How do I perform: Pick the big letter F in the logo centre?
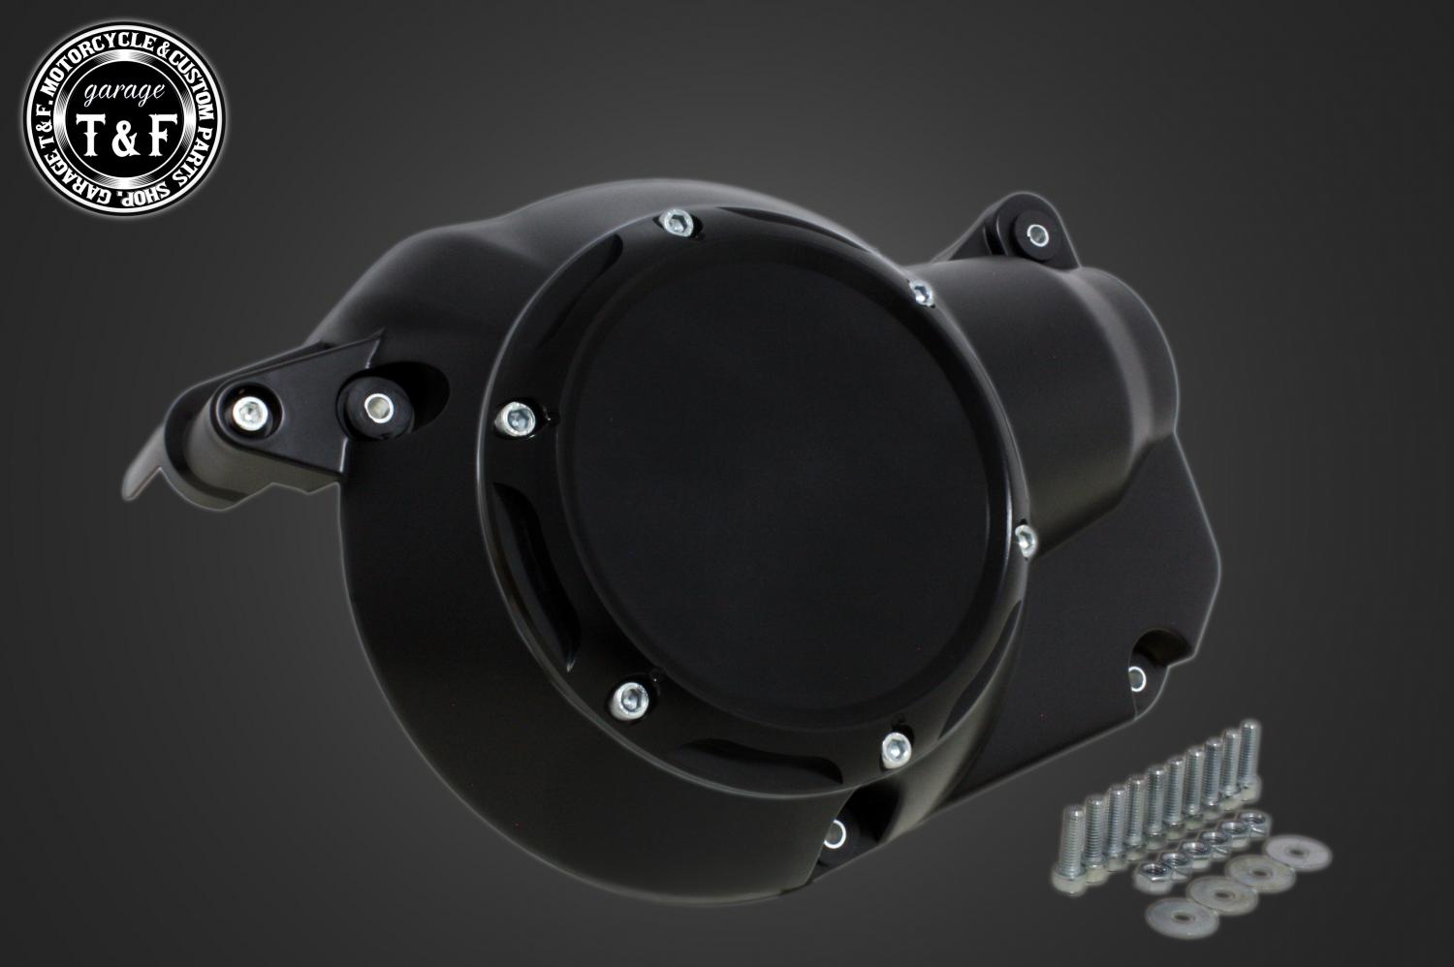(x=158, y=135)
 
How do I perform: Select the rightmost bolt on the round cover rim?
(x=1026, y=540)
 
